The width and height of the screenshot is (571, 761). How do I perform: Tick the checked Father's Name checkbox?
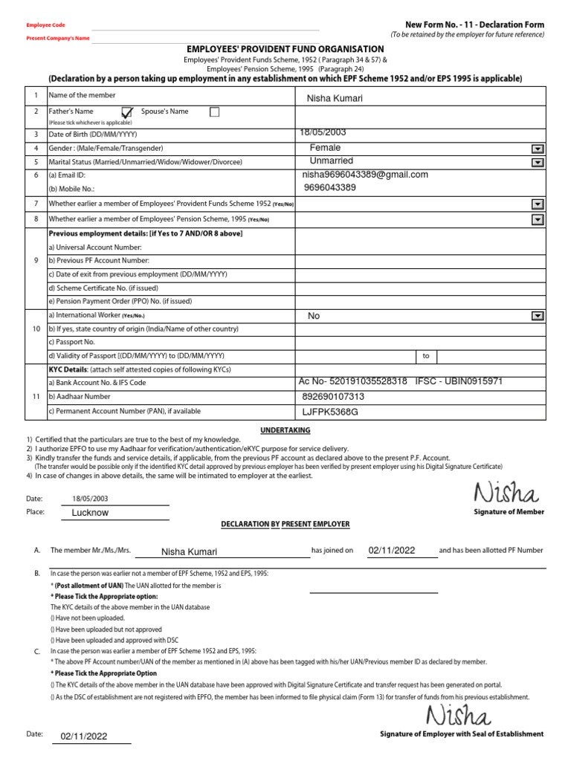click(x=127, y=112)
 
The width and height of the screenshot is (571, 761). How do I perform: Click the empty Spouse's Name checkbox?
click(x=215, y=112)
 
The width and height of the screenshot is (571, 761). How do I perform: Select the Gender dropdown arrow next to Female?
click(x=537, y=149)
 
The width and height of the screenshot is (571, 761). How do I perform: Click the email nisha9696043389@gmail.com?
click(x=365, y=175)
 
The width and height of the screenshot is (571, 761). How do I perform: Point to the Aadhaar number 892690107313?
click(x=333, y=397)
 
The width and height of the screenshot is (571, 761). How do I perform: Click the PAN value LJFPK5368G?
click(x=329, y=411)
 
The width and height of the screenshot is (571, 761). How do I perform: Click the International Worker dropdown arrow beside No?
click(x=537, y=316)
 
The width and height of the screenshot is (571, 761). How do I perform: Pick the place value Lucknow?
click(x=90, y=513)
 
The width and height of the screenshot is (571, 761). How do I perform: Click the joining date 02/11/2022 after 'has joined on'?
click(x=391, y=551)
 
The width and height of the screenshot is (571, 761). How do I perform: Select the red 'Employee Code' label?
click(x=45, y=25)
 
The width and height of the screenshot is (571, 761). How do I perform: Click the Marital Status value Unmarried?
click(x=331, y=161)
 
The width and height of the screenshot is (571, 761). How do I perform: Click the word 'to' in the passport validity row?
click(x=426, y=356)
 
